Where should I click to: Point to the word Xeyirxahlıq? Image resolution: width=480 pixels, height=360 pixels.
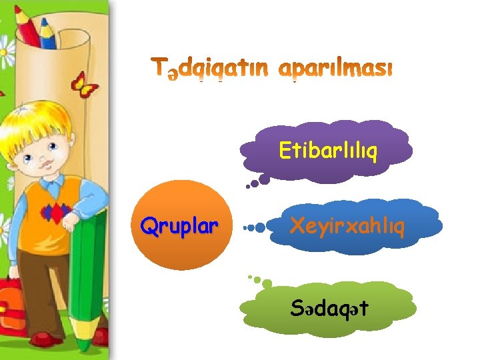(x=347, y=227)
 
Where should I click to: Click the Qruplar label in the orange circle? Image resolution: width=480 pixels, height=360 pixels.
(x=179, y=227)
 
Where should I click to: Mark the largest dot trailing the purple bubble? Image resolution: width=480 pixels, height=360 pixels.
(x=264, y=179)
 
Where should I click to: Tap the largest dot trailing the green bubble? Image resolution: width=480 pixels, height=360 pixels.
(x=267, y=284)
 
